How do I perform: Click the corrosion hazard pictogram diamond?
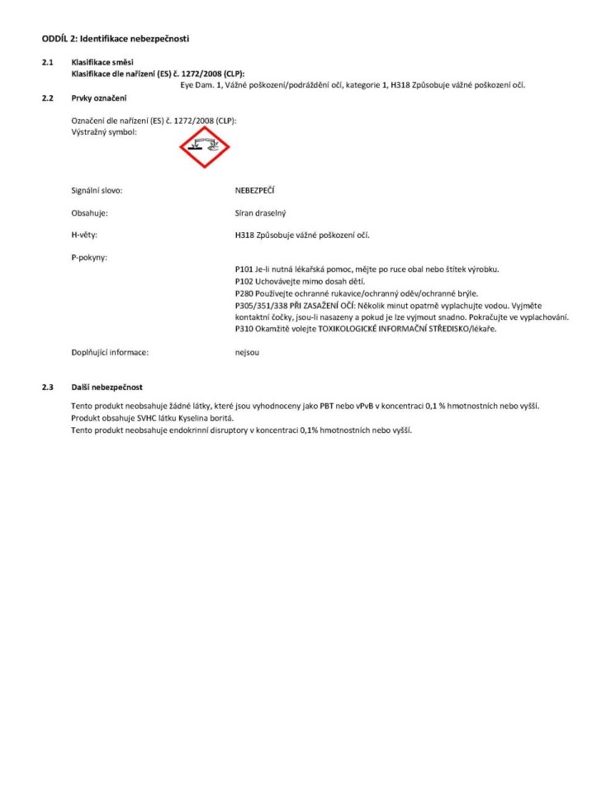pyautogui.click(x=205, y=147)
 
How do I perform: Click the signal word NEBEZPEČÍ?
pyautogui.click(x=254, y=191)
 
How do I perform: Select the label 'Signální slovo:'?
pyautogui.click(x=97, y=191)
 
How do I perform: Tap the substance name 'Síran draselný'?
pyautogui.click(x=260, y=213)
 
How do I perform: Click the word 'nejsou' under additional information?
pyautogui.click(x=247, y=352)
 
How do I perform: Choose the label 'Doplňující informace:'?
pyautogui.click(x=110, y=352)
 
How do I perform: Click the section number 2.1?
pyautogui.click(x=48, y=63)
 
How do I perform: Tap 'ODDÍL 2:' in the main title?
pyautogui.click(x=59, y=39)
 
